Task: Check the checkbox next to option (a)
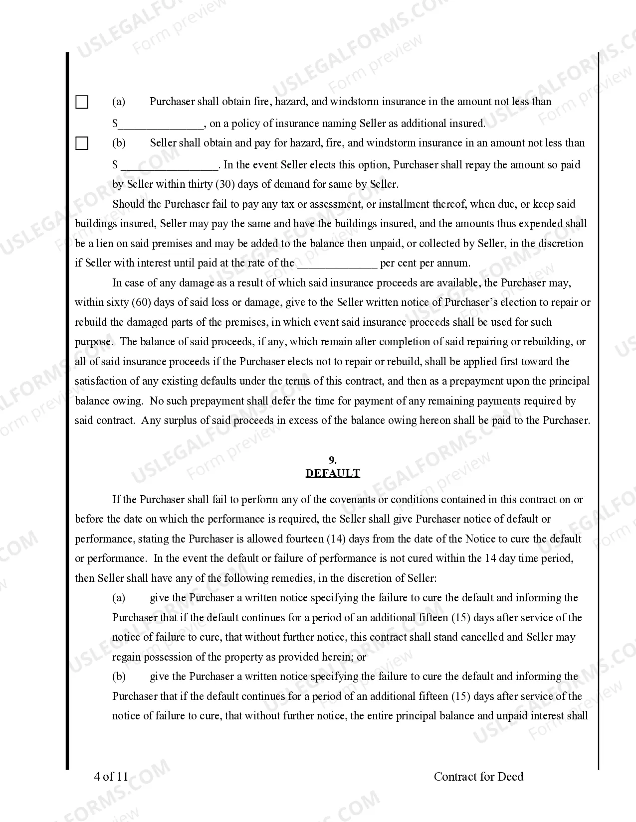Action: (82, 102)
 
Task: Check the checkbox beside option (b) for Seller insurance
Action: (82, 143)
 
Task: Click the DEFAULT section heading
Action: (333, 473)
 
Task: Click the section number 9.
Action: (333, 460)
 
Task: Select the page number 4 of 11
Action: (111, 776)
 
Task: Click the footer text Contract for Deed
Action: (478, 776)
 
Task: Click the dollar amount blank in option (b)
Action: (170, 165)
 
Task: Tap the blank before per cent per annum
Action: (337, 263)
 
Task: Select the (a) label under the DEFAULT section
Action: (119, 598)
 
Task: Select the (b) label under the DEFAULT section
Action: (119, 677)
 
